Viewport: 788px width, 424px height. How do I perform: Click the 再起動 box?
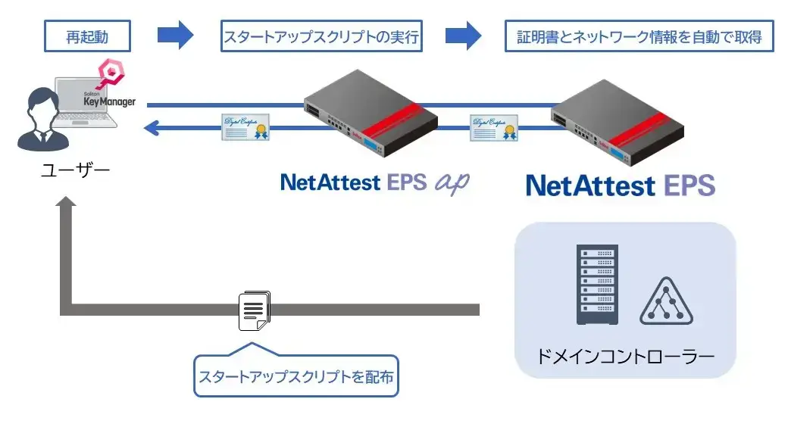point(88,36)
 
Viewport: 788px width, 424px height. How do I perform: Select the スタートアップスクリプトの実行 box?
point(321,36)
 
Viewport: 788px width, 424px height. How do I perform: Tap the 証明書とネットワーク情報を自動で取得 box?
point(639,36)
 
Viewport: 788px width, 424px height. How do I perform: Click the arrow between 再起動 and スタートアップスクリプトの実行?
point(175,35)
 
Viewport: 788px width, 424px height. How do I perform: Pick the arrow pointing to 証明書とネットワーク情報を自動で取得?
point(463,35)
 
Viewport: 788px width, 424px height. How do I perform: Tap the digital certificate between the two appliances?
point(493,128)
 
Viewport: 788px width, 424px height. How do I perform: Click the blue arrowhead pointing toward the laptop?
point(152,129)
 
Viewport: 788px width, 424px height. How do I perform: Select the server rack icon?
point(597,284)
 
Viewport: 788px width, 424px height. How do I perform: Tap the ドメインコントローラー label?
point(625,354)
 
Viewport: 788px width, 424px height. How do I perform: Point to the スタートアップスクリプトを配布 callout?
point(295,376)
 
